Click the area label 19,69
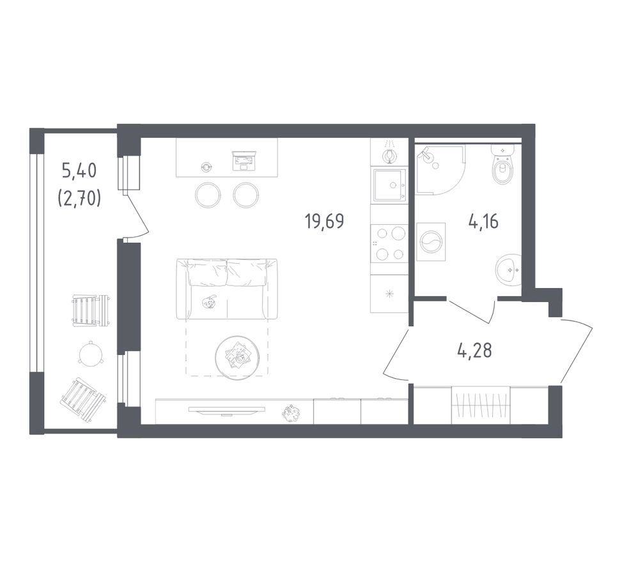tap(325, 221)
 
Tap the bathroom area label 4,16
tap(483, 221)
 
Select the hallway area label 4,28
tap(474, 351)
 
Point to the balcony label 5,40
tap(79, 171)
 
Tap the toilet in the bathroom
tap(502, 165)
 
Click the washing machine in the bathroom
tap(431, 241)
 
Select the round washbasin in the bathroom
tap(508, 271)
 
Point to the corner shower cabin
tap(440, 170)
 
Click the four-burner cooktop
tap(389, 243)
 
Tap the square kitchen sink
tap(389, 186)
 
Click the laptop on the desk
tap(243, 161)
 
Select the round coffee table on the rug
tap(237, 358)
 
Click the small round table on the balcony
tap(91, 353)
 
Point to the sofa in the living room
tap(227, 289)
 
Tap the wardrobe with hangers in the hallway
tap(481, 405)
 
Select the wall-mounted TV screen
tap(227, 410)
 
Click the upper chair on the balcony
tap(90, 311)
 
